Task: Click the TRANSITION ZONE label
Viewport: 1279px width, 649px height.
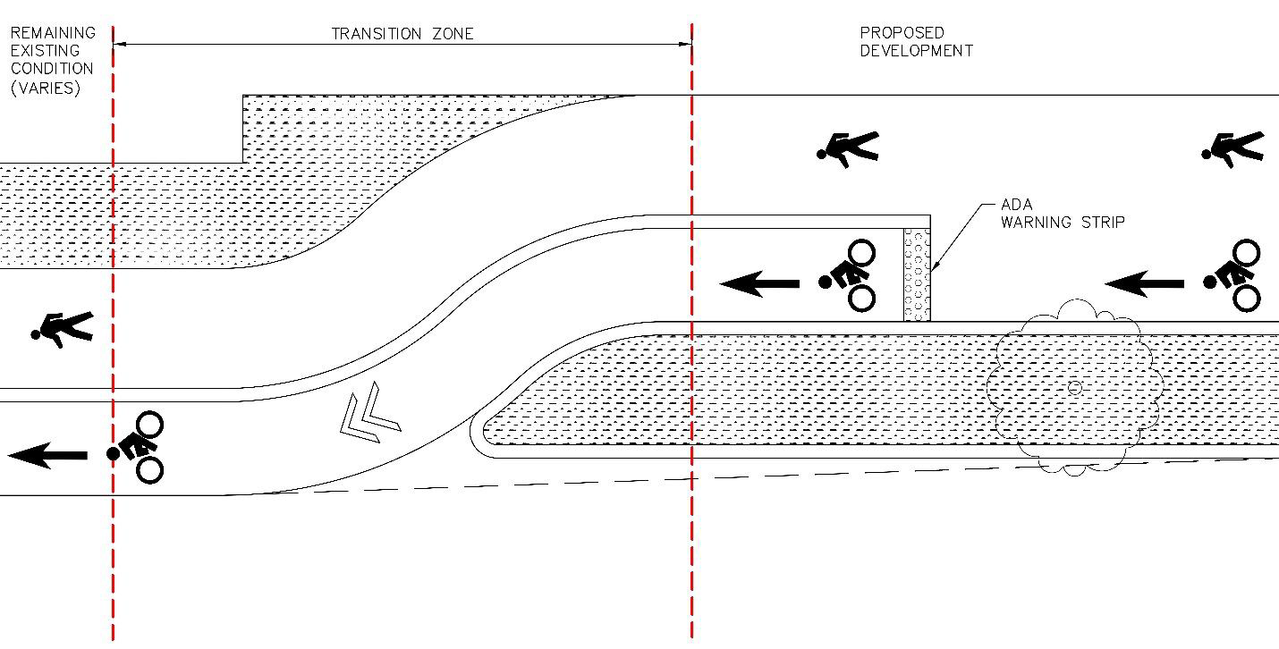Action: (x=402, y=34)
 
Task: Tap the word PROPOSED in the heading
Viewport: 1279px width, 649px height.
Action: (x=902, y=32)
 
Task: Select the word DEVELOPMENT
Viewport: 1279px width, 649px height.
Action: (x=917, y=51)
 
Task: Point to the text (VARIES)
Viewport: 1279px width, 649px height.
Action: (x=46, y=88)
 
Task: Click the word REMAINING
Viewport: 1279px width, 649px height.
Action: (x=53, y=32)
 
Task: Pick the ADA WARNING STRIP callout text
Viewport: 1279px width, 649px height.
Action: (x=1063, y=214)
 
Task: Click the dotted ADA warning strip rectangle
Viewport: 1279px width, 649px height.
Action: (x=917, y=274)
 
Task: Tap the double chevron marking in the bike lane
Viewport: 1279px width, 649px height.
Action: (x=370, y=412)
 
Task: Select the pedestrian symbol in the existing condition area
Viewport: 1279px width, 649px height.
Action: (x=63, y=329)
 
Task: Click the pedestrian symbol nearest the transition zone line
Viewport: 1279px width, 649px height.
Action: (x=848, y=149)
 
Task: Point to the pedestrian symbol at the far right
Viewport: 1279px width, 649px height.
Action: (x=1232, y=149)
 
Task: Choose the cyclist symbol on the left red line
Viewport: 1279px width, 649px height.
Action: (x=136, y=448)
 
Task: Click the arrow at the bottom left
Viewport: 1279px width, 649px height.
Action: (x=47, y=455)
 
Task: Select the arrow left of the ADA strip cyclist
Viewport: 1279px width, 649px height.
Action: (x=759, y=283)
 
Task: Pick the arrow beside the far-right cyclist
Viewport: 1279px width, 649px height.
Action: (x=1144, y=283)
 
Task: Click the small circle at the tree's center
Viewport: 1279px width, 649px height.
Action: (x=1074, y=388)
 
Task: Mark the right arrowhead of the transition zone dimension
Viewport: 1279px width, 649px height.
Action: (x=685, y=44)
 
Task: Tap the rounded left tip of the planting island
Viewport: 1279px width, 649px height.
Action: (x=470, y=431)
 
